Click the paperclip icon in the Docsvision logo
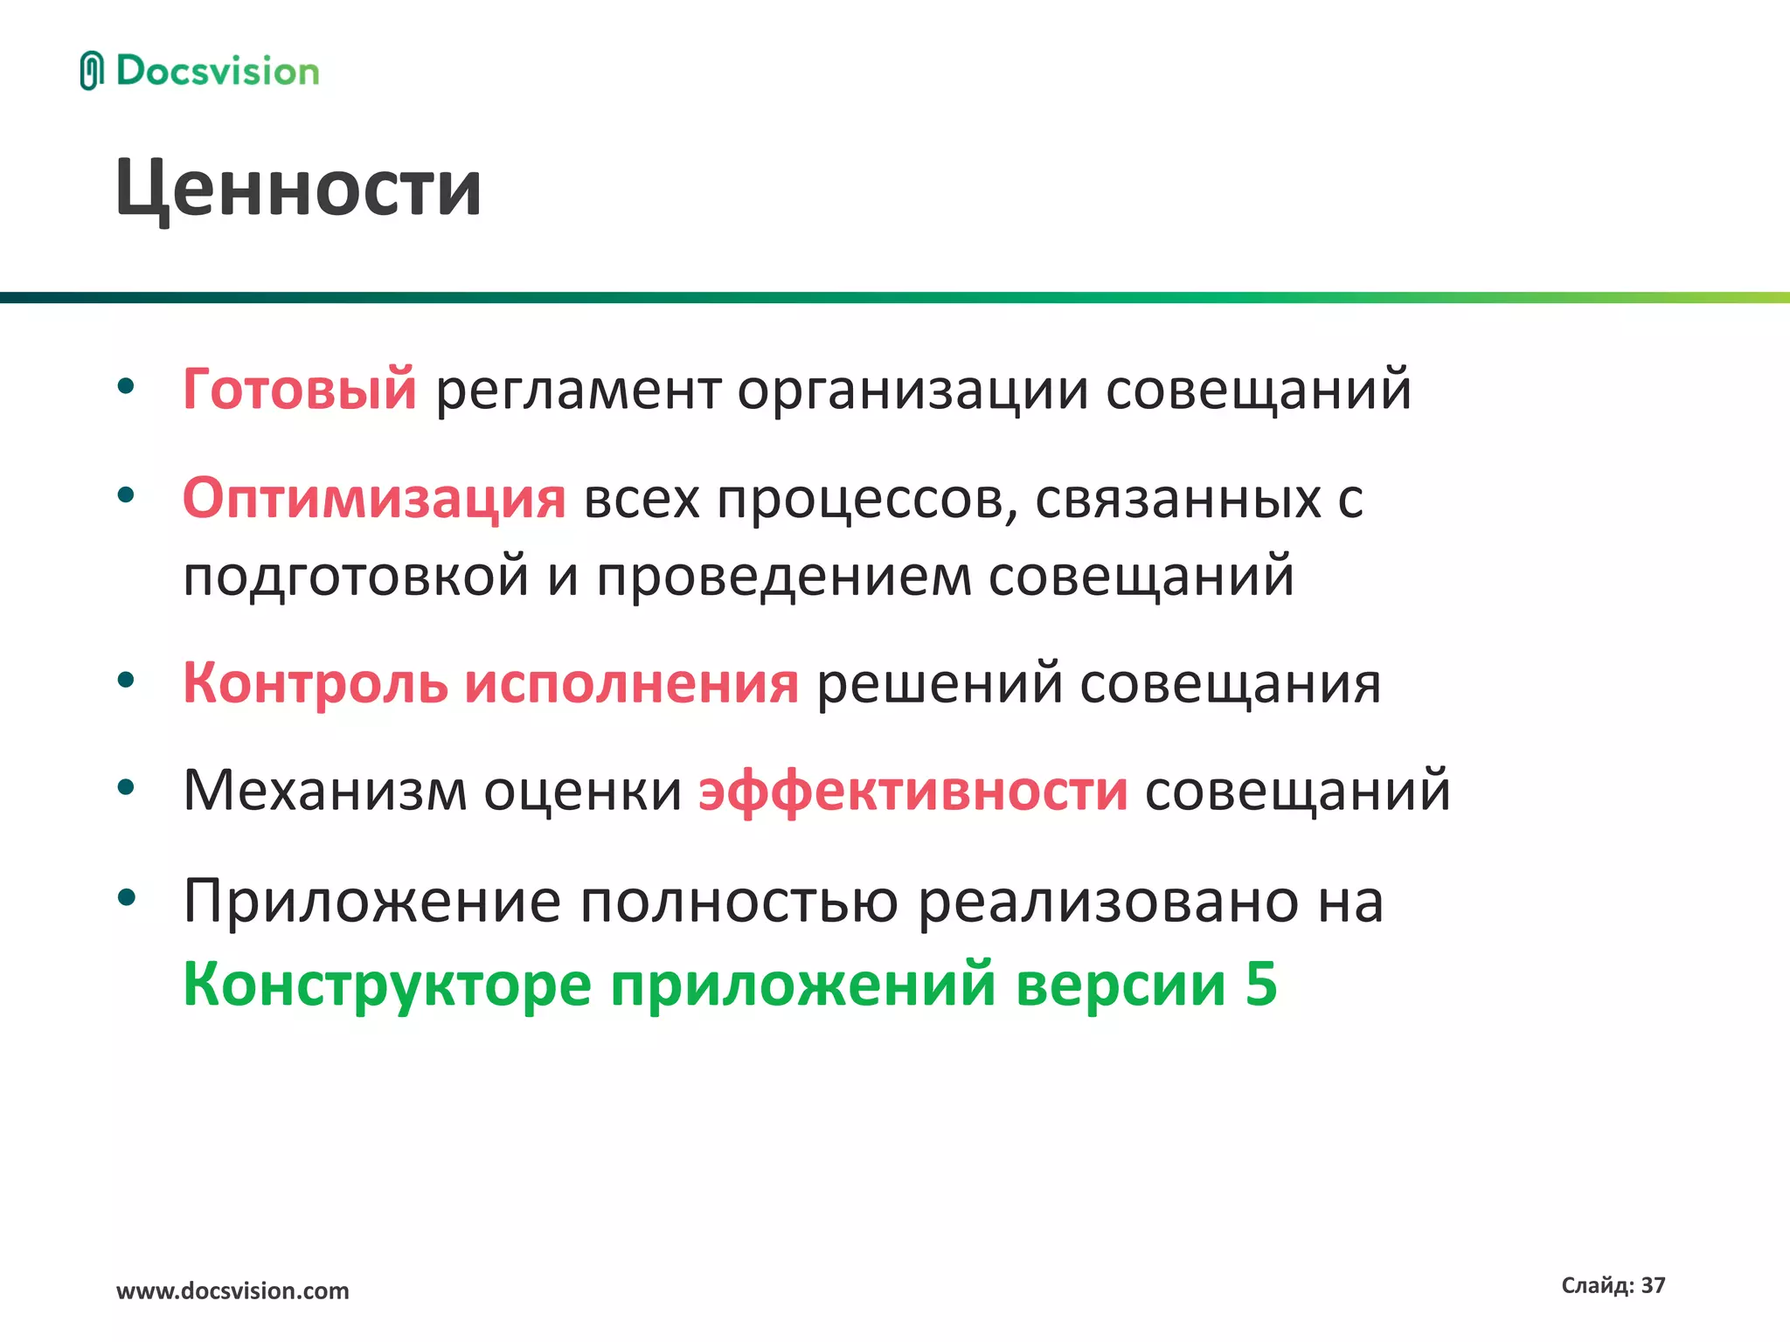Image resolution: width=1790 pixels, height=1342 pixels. click(x=91, y=72)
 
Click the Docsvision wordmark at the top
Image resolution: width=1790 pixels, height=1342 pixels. click(x=218, y=72)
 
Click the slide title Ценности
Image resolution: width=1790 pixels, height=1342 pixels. click(x=298, y=188)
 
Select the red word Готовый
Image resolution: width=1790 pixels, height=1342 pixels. click(x=299, y=389)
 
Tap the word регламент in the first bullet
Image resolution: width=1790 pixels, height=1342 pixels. click(x=578, y=391)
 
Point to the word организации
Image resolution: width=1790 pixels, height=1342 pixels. click(x=912, y=391)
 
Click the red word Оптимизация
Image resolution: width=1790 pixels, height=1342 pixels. click(x=374, y=499)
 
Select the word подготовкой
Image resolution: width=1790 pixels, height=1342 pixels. click(x=356, y=578)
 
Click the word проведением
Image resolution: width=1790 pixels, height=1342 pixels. click(x=783, y=578)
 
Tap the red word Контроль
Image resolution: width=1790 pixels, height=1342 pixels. click(x=315, y=682)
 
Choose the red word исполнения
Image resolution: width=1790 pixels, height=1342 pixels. click(x=631, y=684)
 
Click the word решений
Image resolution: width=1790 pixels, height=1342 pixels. click(x=939, y=684)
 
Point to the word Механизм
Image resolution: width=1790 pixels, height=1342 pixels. click(x=324, y=791)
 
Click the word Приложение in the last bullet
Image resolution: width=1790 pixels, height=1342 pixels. click(x=371, y=901)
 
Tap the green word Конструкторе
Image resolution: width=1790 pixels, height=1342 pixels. click(x=387, y=985)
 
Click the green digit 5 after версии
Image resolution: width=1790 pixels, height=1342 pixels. click(x=1261, y=984)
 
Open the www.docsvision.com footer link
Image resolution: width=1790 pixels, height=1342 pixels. click(x=232, y=1290)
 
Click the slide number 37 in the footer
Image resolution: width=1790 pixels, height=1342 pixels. click(x=1653, y=1285)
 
